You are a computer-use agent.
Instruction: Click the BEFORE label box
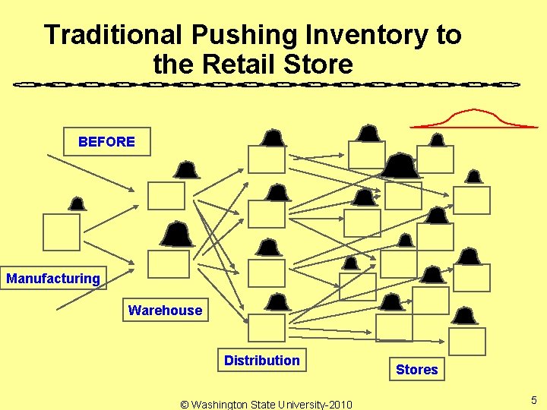click(106, 141)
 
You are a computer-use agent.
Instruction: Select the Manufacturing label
click(53, 279)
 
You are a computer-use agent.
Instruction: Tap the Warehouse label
click(165, 310)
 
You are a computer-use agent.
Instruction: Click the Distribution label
click(261, 360)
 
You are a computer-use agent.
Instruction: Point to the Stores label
click(416, 370)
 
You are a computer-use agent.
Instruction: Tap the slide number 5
click(534, 400)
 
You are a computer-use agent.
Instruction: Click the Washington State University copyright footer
click(266, 404)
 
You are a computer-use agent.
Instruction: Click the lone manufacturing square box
click(62, 232)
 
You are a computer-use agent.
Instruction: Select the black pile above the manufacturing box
click(77, 203)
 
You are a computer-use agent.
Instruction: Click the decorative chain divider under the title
click(266, 84)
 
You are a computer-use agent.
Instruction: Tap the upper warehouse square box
click(166, 195)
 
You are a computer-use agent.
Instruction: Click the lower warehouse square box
click(168, 263)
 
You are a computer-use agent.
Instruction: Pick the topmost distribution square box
click(267, 159)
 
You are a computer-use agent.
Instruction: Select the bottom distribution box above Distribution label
click(267, 327)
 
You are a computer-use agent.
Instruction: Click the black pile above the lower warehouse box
click(178, 234)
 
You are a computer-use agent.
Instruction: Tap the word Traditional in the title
click(113, 35)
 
